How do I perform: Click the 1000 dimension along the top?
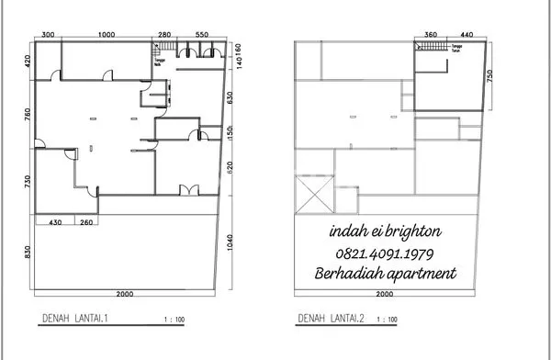(106, 34)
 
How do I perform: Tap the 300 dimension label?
(49, 34)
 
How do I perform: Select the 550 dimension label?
(201, 34)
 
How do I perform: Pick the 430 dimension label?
(54, 221)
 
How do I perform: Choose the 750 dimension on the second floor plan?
(491, 74)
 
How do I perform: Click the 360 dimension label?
(431, 34)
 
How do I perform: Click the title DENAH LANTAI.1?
(75, 319)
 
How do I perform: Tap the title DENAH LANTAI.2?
(332, 319)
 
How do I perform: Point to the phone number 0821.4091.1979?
(386, 253)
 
